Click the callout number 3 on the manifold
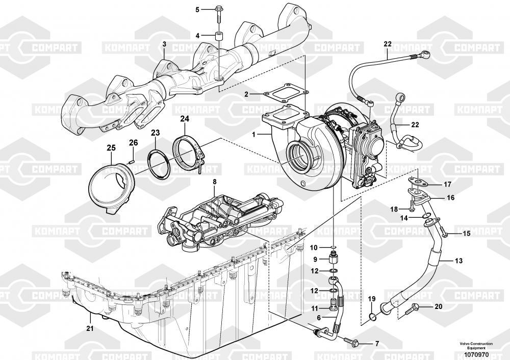[164, 45]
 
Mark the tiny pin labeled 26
[130, 163]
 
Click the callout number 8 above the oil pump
[214, 182]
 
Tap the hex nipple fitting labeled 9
[331, 259]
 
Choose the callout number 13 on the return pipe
[458, 261]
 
